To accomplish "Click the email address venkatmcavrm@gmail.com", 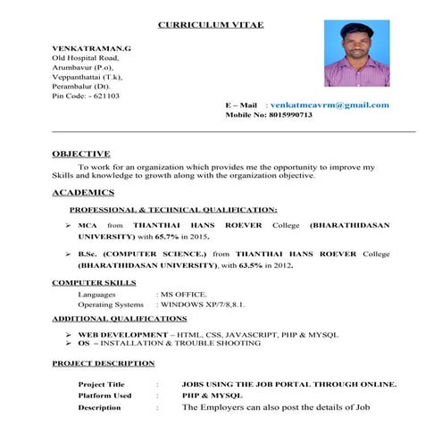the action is [329, 104].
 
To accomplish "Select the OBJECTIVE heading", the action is [81, 154].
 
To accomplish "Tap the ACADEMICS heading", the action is [83, 193].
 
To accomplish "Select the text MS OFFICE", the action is [184, 294].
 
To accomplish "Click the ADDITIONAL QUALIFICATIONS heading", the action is [119, 318].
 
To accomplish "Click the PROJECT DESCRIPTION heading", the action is [103, 363].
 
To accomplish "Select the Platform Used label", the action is [104, 395].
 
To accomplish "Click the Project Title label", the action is [102, 384].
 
